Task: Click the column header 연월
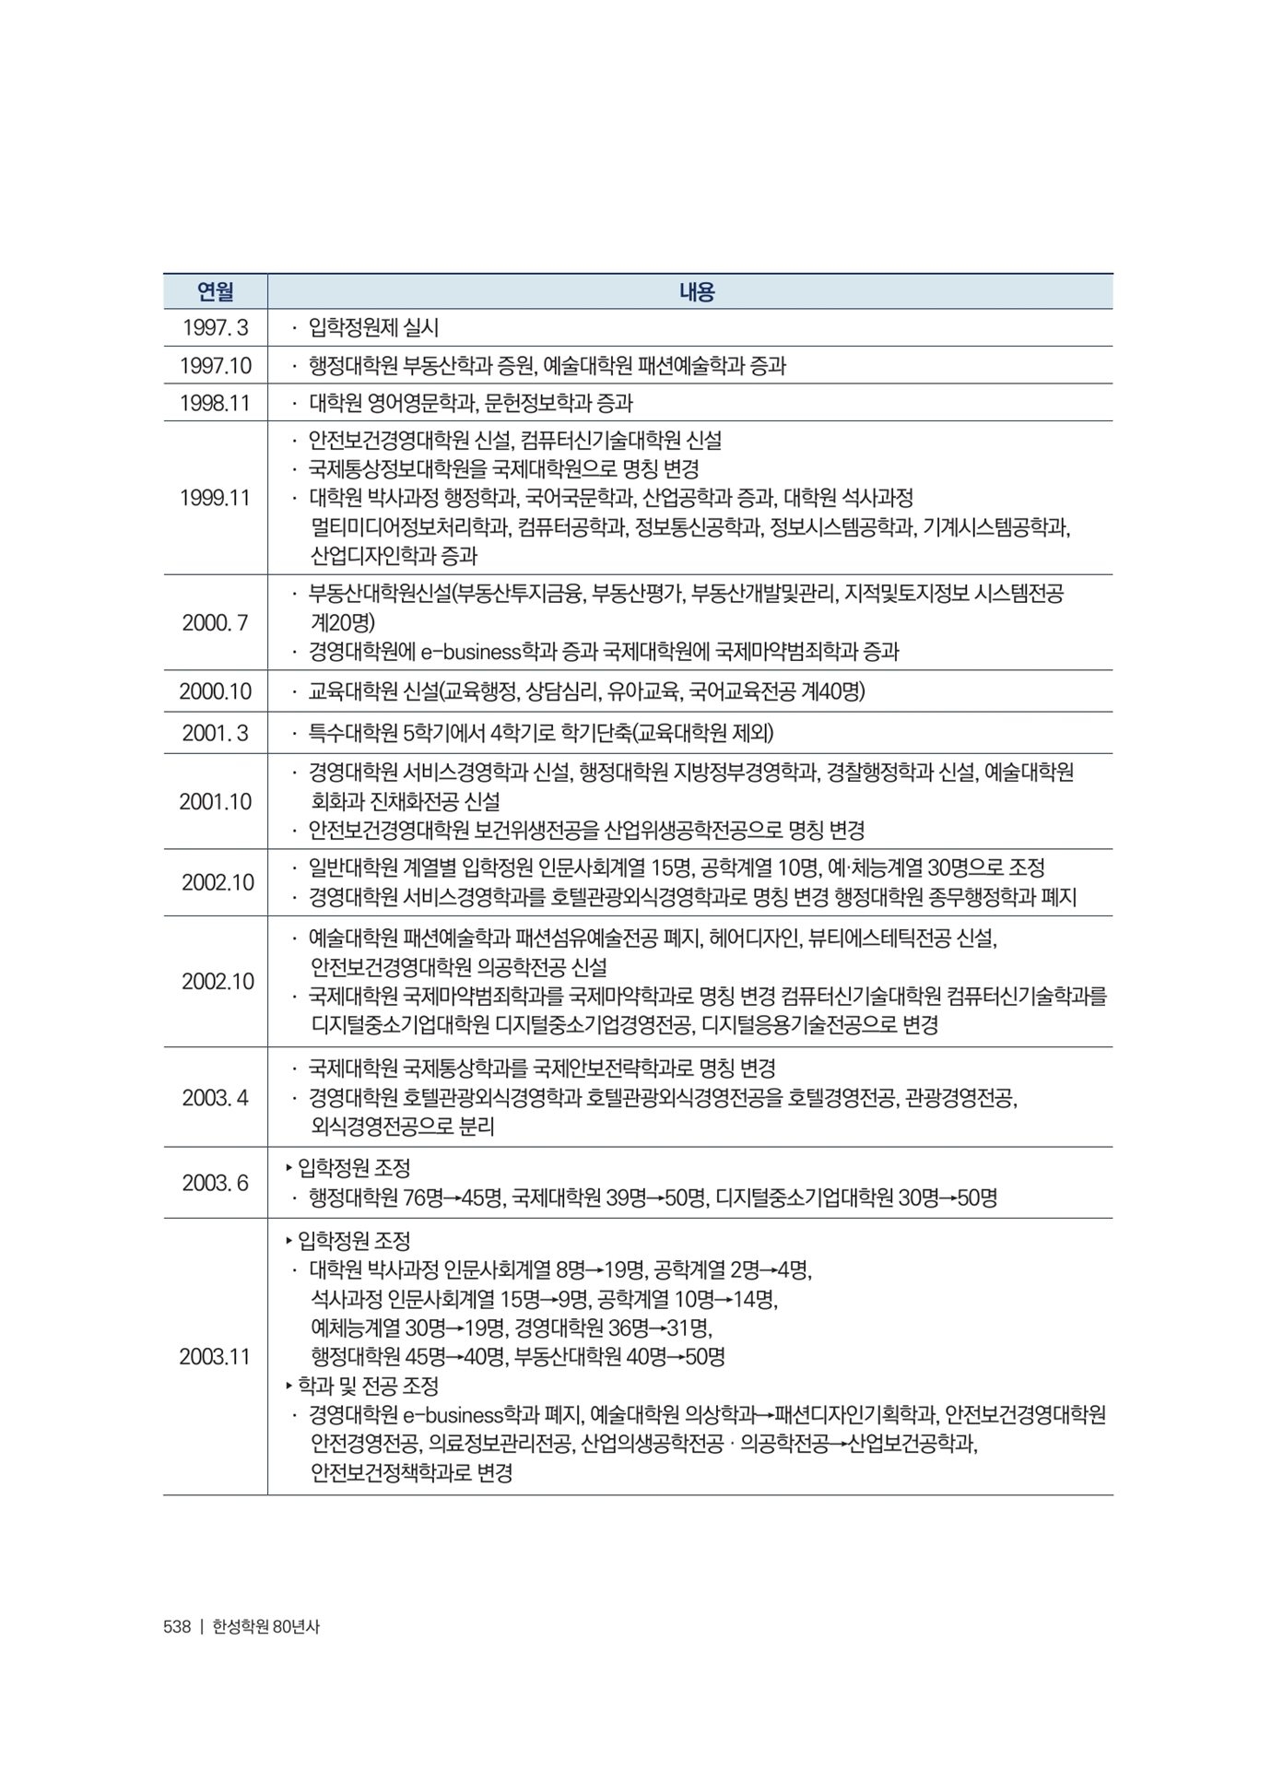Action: click(x=216, y=292)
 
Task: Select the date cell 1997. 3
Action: click(x=216, y=327)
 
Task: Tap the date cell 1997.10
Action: click(x=216, y=366)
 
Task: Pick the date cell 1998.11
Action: click(x=216, y=403)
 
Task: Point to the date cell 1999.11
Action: click(x=216, y=498)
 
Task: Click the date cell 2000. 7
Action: click(x=216, y=622)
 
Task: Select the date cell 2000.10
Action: click(x=216, y=691)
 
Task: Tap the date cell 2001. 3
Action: click(x=216, y=733)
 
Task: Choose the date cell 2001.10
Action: click(x=216, y=801)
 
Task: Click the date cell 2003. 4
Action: click(x=216, y=1097)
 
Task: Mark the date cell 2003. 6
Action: click(x=216, y=1183)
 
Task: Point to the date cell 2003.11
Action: click(x=216, y=1356)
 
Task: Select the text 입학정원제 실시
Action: click(x=373, y=327)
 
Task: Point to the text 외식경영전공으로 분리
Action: click(x=403, y=1127)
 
